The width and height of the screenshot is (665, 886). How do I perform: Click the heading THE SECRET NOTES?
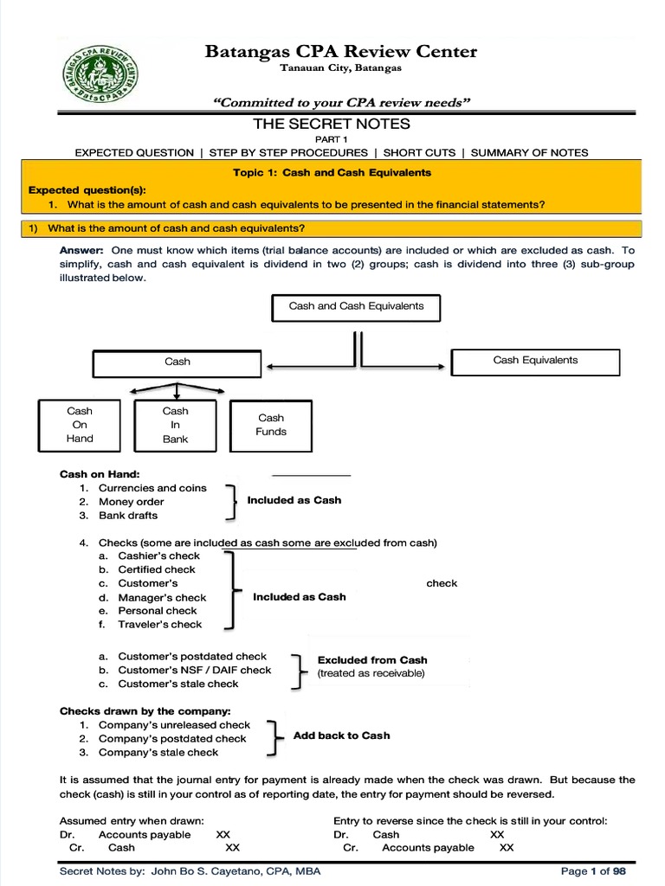(x=332, y=125)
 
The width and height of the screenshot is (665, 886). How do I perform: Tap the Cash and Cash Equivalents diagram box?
(x=356, y=306)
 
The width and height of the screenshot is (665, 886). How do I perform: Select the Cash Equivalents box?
(x=535, y=361)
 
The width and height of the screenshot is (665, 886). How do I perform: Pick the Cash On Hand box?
(x=80, y=425)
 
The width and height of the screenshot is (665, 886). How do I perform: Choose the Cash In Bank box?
(x=175, y=425)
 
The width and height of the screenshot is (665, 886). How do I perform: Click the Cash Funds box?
(x=271, y=425)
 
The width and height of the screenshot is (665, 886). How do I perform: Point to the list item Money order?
(x=131, y=502)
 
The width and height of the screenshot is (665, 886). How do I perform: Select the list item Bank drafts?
(x=128, y=516)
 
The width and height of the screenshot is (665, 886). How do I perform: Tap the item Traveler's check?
(x=159, y=625)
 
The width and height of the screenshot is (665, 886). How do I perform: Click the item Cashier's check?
(x=158, y=556)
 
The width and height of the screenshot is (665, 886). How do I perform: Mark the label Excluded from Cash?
(x=372, y=660)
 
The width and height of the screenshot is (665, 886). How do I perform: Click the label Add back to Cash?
(x=341, y=735)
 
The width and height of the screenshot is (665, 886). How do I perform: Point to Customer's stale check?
(x=178, y=684)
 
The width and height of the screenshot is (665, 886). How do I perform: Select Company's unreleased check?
(x=174, y=725)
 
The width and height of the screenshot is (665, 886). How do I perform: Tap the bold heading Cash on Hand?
(x=99, y=474)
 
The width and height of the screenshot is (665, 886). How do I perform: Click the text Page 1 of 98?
(x=593, y=871)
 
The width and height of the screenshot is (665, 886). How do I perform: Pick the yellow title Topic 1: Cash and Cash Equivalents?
(x=332, y=173)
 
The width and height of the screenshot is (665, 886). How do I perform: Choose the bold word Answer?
(x=81, y=250)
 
